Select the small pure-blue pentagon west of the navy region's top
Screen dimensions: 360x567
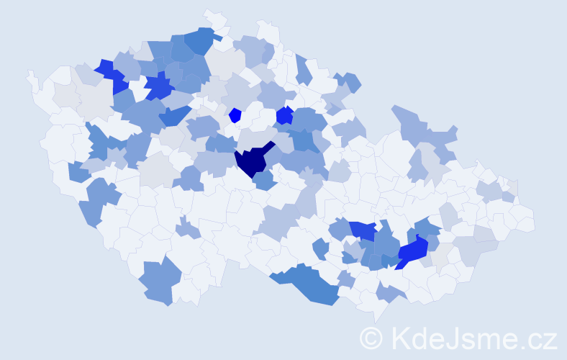tap(235, 114)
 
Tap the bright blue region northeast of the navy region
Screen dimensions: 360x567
tap(284, 114)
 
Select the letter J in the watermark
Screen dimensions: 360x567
tap(455, 338)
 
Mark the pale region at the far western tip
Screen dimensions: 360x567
tap(32, 79)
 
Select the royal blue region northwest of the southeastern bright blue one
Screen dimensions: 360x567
tap(364, 230)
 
